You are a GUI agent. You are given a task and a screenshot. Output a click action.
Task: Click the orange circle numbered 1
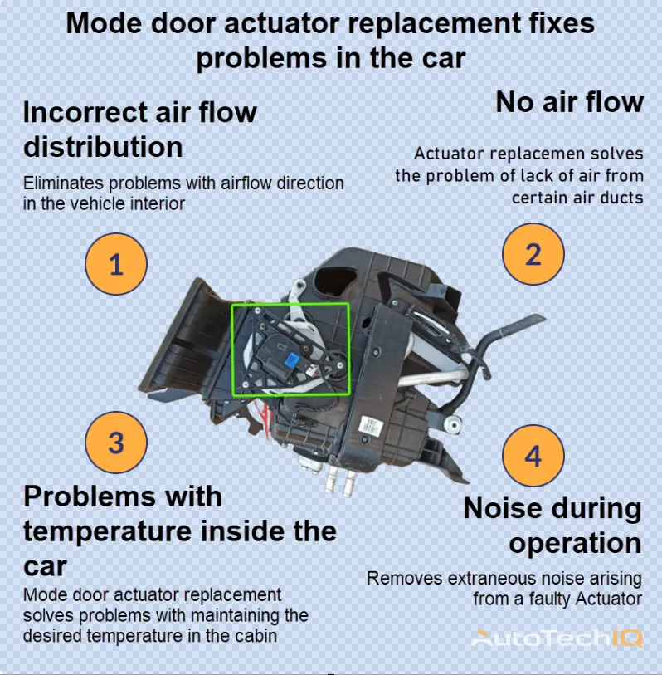(116, 265)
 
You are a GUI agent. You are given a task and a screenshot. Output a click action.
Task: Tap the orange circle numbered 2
(533, 254)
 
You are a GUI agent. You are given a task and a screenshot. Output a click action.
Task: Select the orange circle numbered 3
(116, 442)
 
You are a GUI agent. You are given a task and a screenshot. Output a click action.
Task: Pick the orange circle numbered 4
(533, 456)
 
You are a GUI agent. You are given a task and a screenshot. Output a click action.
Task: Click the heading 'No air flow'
(569, 102)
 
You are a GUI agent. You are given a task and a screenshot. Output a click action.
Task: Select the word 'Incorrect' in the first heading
(84, 111)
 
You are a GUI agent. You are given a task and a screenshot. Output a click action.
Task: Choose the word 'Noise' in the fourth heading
(505, 508)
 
